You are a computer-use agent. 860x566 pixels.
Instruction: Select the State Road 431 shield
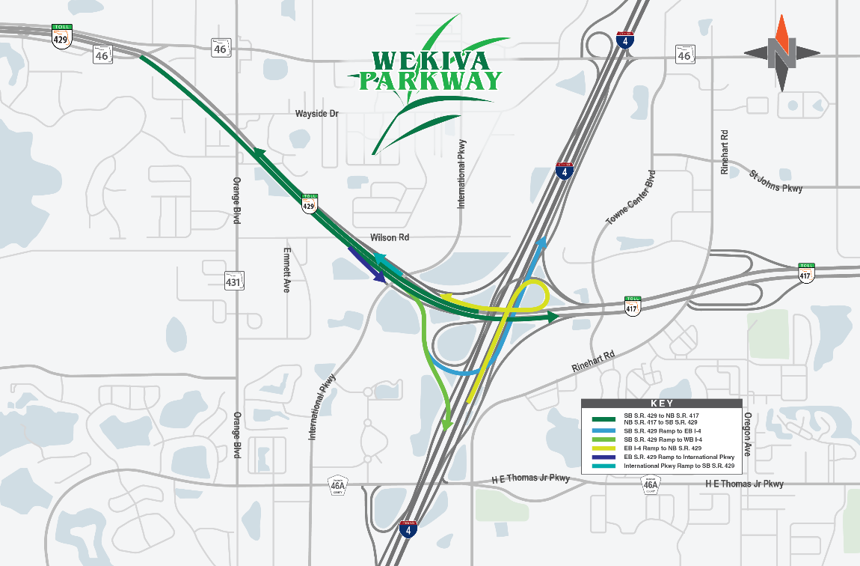click(x=233, y=281)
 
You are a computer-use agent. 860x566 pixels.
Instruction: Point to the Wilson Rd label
click(x=390, y=237)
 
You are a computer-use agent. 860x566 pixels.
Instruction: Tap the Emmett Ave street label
click(x=286, y=270)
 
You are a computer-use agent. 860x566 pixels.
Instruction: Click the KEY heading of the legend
click(x=663, y=403)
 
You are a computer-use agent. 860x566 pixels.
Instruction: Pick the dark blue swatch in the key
click(x=604, y=456)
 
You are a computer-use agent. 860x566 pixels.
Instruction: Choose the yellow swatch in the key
click(x=604, y=448)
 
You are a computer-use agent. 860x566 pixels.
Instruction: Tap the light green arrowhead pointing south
click(x=447, y=424)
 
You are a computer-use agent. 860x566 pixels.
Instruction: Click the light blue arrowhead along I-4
click(x=542, y=242)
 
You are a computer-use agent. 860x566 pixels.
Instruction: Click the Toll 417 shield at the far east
click(x=805, y=272)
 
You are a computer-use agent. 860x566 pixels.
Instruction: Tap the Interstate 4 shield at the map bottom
click(x=407, y=529)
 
